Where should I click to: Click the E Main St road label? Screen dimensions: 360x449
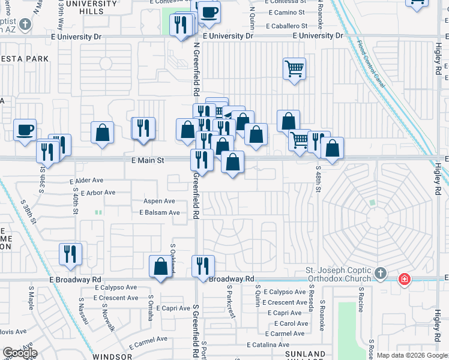coord(148,161)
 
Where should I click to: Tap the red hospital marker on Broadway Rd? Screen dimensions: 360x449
coord(405,279)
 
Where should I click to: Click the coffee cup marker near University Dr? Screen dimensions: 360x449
coord(209,11)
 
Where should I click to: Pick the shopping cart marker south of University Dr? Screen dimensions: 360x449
coord(294,68)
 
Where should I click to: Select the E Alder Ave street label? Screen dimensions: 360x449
coord(87,180)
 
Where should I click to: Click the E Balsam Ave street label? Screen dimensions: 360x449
coord(160,212)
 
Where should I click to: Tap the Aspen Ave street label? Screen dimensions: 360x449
coord(159,201)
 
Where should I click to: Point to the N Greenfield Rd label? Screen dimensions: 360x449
coord(196,69)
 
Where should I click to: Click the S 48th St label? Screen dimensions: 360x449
coord(318,179)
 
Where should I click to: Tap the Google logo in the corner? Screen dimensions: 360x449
coord(20,353)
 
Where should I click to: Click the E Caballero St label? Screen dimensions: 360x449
coord(288,26)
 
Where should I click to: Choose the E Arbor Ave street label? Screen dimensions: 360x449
coord(93,193)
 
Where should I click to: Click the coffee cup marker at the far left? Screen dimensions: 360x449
coord(25,130)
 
